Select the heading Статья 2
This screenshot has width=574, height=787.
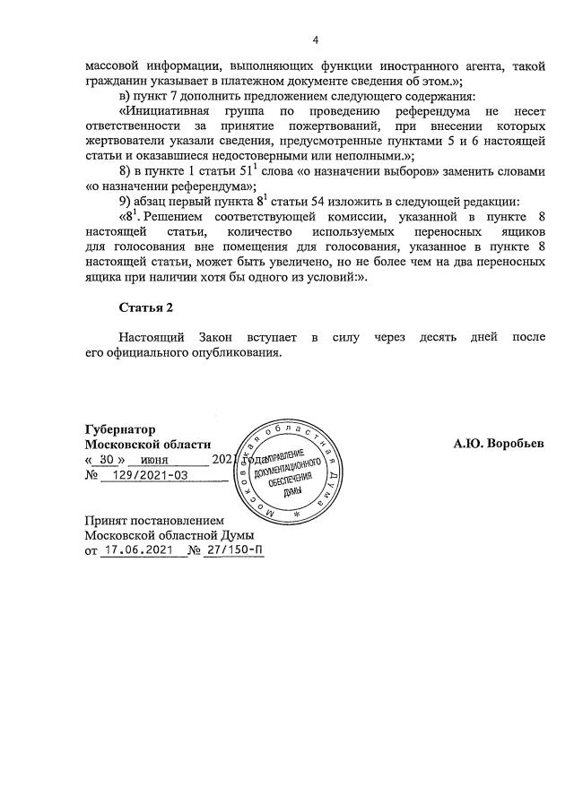(x=147, y=307)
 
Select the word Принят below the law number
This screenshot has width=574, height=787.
(x=105, y=521)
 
